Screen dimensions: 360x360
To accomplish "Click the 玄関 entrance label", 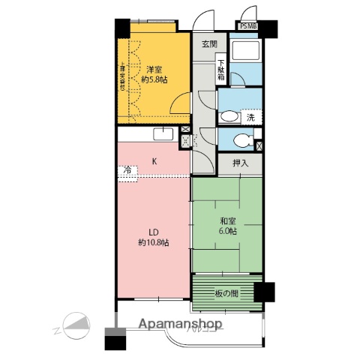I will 209,44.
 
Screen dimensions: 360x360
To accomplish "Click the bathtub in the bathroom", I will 246,53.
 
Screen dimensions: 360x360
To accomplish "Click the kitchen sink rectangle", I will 164,134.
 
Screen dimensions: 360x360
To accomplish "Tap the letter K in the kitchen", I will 154,161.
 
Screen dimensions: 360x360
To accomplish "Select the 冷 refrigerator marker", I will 127,172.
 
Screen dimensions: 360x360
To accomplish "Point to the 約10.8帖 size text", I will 152,242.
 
